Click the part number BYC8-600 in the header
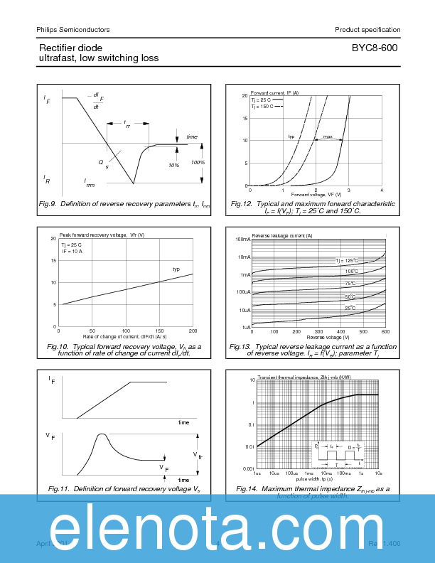(x=374, y=48)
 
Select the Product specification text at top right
(x=367, y=30)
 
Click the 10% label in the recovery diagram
(x=173, y=165)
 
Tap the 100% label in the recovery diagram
(x=198, y=163)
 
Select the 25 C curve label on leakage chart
(x=350, y=308)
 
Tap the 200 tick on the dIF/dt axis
(x=193, y=332)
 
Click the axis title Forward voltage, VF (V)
(x=315, y=195)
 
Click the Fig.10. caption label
(x=58, y=346)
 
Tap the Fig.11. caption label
(x=60, y=489)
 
